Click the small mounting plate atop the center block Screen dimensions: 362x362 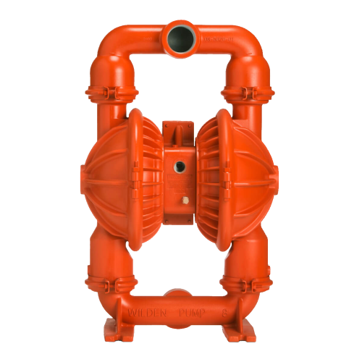[x=180, y=130]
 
